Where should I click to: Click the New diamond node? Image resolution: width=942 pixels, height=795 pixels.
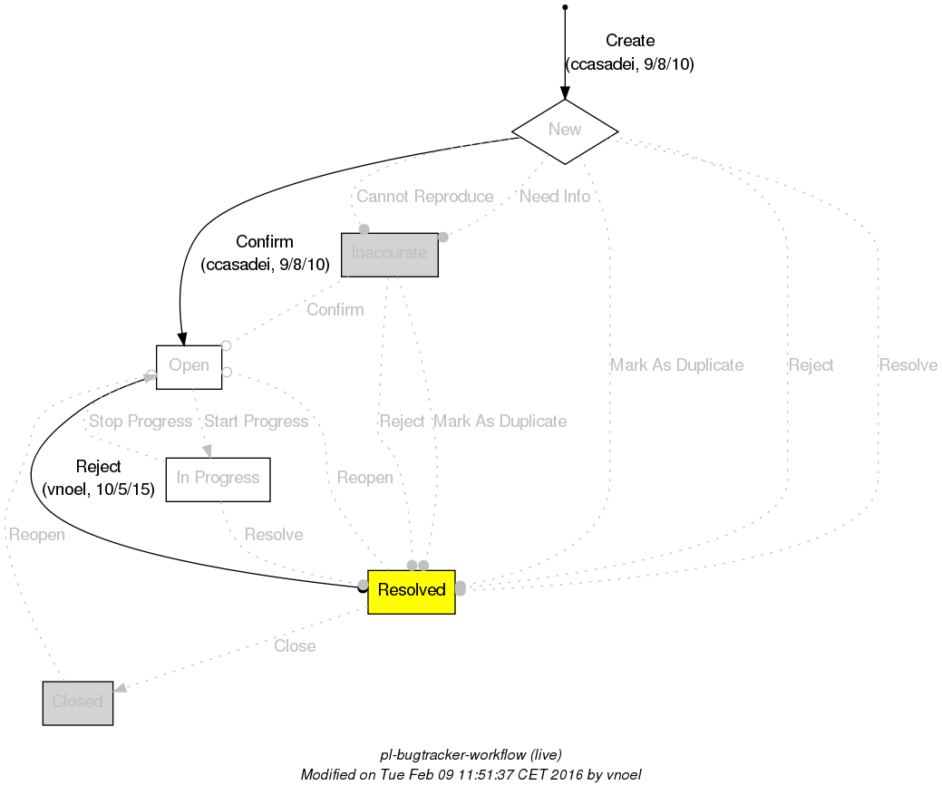coord(565,130)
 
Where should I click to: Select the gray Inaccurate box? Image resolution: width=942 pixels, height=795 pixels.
coord(389,254)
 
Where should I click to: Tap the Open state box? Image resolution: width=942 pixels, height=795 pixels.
coord(189,366)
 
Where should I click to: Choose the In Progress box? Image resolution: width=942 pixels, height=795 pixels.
coord(218,479)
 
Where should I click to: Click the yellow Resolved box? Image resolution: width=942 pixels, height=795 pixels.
coord(411,591)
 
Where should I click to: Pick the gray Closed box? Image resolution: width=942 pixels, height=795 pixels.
coord(77,703)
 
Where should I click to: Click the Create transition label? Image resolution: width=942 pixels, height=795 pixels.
coord(629,41)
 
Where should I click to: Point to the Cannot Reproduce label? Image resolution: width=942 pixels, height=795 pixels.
coord(424,197)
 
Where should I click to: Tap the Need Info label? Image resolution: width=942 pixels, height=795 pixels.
coord(554,197)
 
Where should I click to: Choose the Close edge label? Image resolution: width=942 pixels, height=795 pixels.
coord(295,646)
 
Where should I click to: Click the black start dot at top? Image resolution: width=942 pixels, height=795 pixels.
coord(565,7)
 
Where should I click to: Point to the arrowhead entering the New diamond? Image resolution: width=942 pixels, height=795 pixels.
coord(565,92)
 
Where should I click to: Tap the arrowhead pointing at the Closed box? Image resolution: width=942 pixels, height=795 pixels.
coord(120,691)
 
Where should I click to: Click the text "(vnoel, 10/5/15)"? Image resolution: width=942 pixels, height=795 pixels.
coord(98,490)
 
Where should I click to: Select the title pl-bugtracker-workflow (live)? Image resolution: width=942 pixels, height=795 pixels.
coord(471,755)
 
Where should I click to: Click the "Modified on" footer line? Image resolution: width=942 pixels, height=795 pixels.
coord(471,776)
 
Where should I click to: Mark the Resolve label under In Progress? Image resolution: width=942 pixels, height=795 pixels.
coord(274,535)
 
